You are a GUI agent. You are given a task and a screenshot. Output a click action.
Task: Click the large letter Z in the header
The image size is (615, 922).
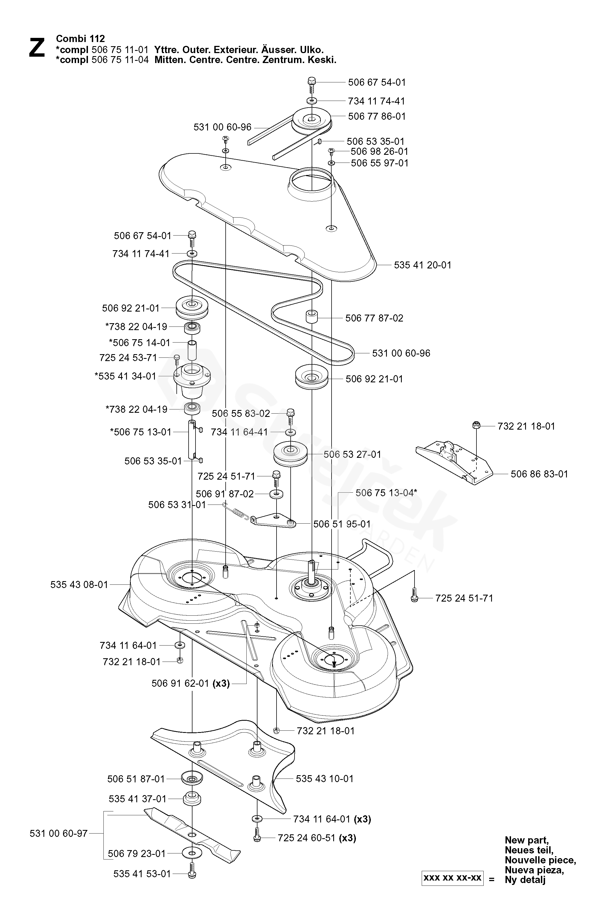point(37,48)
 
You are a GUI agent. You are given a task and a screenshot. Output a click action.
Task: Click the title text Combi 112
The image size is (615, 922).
point(80,38)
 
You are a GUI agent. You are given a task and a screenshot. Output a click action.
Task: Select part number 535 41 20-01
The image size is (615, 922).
point(423,265)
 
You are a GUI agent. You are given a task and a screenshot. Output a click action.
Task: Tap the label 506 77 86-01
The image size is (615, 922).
point(377,116)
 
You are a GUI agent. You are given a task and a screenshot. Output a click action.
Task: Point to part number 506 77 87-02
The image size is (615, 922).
point(374,318)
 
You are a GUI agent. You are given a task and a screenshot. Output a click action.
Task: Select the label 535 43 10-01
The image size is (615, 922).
point(324,778)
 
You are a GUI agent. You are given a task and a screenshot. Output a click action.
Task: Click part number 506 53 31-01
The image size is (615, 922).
point(177,505)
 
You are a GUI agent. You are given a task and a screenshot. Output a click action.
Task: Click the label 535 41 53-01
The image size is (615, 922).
point(142,874)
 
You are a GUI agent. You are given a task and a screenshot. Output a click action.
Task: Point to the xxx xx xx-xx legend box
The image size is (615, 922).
point(452,878)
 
